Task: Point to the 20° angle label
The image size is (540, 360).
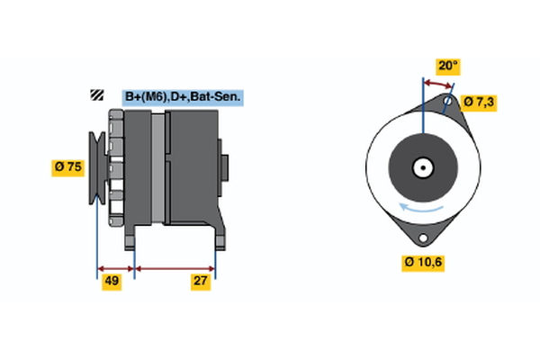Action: point(447,66)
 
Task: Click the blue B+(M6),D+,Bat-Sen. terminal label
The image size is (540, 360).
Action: point(184,96)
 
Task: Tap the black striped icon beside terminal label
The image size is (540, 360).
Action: point(95,96)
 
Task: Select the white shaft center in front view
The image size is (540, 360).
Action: point(421,167)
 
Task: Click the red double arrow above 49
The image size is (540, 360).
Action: point(115,268)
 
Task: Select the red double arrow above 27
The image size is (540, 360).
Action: point(175,268)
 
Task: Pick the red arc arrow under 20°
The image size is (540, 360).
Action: point(437,83)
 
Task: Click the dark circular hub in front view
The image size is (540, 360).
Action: point(421,167)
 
